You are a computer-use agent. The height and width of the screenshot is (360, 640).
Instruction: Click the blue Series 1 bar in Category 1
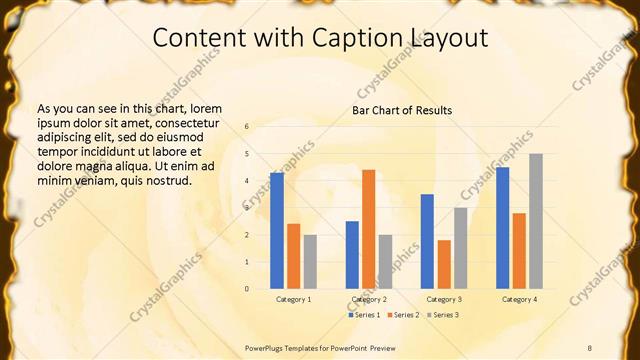tap(277, 231)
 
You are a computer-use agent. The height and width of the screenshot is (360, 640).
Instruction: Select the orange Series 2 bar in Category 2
tap(369, 229)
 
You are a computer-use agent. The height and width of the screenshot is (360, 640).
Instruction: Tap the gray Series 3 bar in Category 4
tap(536, 221)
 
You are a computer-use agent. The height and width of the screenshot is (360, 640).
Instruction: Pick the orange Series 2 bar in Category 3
tap(444, 264)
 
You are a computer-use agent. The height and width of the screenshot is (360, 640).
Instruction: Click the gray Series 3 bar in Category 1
tap(310, 262)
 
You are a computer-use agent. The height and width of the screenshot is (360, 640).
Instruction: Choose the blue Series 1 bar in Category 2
tap(352, 255)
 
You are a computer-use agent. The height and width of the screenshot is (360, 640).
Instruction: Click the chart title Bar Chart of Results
tap(402, 110)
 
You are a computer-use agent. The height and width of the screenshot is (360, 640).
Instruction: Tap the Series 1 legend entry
tap(364, 315)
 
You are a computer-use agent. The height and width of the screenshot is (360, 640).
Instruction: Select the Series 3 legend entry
tap(443, 315)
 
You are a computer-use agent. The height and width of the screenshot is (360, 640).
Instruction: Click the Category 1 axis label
tap(293, 299)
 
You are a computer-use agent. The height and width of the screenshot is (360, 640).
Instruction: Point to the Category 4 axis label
tap(519, 299)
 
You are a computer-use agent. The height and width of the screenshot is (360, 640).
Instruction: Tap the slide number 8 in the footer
tap(590, 347)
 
